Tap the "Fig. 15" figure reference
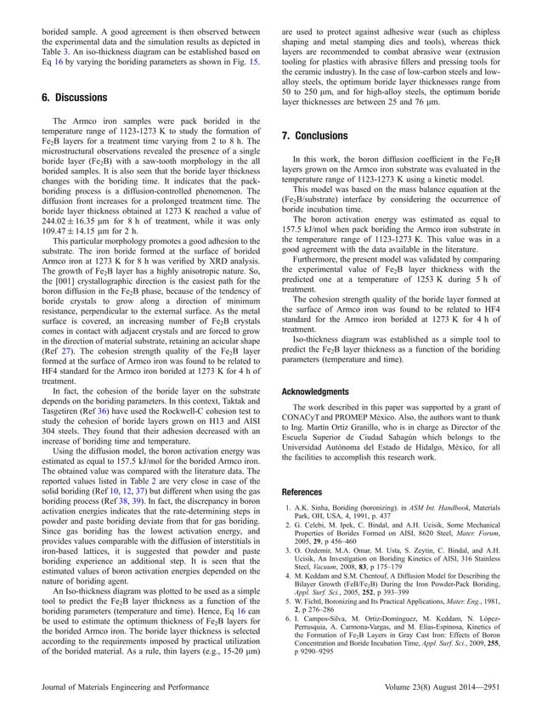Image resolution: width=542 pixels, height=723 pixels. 246,62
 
